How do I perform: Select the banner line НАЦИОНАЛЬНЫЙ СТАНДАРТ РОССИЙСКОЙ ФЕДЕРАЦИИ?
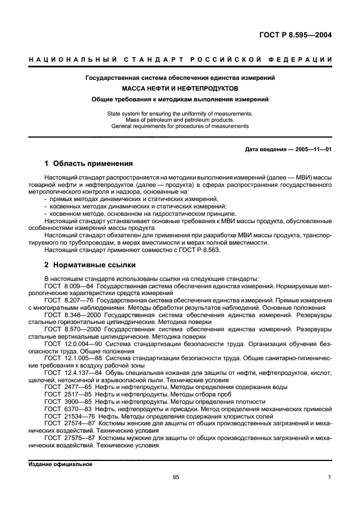click(180, 60)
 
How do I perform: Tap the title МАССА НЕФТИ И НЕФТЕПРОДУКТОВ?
click(180, 88)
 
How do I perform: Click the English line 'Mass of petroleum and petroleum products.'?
click(180, 120)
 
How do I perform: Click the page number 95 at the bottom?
click(176, 477)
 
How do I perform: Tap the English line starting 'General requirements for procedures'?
click(180, 126)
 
